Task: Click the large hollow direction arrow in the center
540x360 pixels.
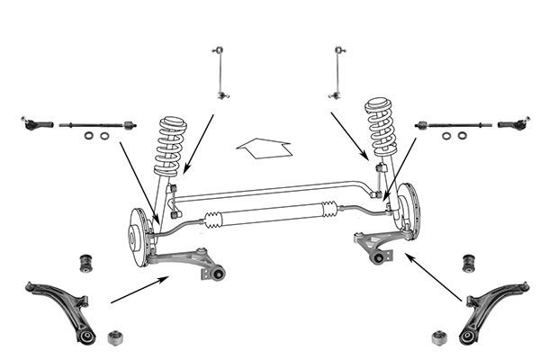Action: (x=262, y=147)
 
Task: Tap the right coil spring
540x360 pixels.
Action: (x=381, y=130)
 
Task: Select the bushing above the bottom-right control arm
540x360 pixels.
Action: (x=468, y=262)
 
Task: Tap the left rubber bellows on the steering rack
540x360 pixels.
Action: (x=214, y=218)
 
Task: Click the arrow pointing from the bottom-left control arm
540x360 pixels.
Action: (x=138, y=289)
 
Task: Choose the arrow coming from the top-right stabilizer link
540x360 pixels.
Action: (x=349, y=136)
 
